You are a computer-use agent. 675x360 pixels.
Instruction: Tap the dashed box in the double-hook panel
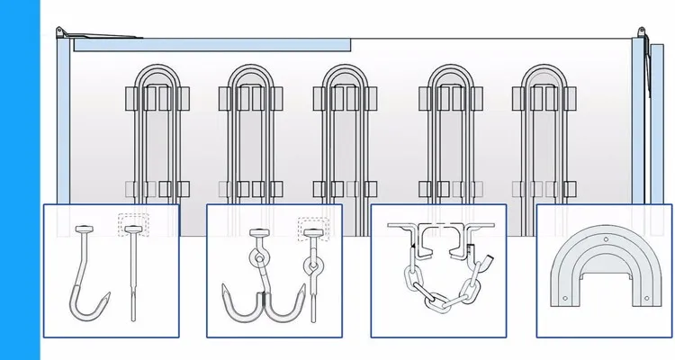[314, 229]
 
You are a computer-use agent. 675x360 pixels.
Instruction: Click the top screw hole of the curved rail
[604, 240]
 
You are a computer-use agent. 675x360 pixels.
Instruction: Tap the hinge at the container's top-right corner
[640, 33]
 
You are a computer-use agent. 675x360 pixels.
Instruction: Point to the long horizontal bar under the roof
[211, 42]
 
